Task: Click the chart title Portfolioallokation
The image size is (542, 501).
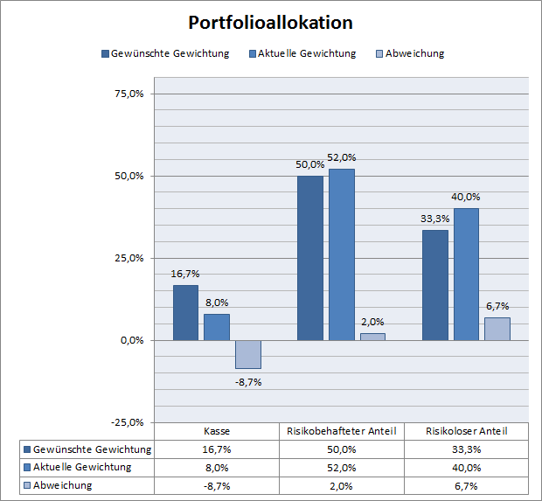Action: pyautogui.click(x=270, y=22)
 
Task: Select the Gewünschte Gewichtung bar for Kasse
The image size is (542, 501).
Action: pyautogui.click(x=185, y=312)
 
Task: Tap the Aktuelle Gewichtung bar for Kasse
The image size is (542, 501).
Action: pyautogui.click(x=217, y=327)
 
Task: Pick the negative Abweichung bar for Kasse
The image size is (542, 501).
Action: pyautogui.click(x=247, y=354)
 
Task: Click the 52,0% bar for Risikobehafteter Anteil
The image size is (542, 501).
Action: pyautogui.click(x=341, y=254)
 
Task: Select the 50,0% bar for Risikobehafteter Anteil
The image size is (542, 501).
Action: pyautogui.click(x=310, y=258)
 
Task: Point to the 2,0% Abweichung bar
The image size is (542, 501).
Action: pyautogui.click(x=372, y=337)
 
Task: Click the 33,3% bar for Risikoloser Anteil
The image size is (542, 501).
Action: pyautogui.click(x=434, y=285)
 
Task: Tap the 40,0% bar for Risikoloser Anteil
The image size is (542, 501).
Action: pyautogui.click(x=466, y=275)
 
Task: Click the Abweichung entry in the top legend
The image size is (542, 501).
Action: pyautogui.click(x=411, y=53)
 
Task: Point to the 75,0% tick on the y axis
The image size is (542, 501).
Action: pyautogui.click(x=129, y=94)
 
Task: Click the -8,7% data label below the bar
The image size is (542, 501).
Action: pyautogui.click(x=248, y=381)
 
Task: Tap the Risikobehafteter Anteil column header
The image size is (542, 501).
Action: pyautogui.click(x=342, y=431)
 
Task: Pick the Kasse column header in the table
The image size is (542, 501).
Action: pyautogui.click(x=218, y=431)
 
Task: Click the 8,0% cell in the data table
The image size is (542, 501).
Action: pyautogui.click(x=218, y=467)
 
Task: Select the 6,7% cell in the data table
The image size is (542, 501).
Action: pyautogui.click(x=466, y=485)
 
